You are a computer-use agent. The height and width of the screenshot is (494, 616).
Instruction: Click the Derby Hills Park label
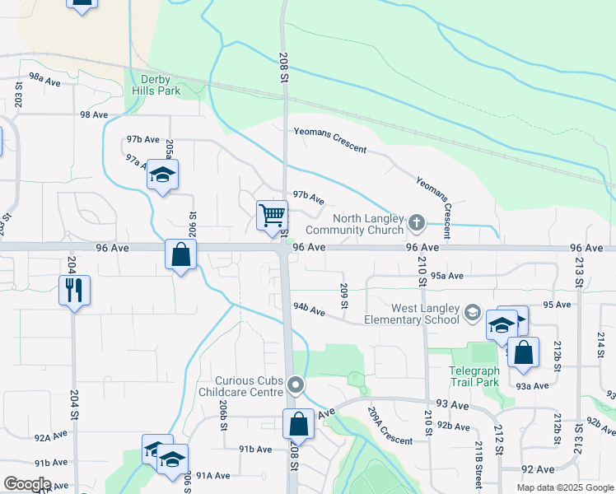click(x=156, y=85)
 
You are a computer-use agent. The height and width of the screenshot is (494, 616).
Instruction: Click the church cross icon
click(x=417, y=221)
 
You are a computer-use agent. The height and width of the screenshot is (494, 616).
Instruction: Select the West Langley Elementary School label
click(x=413, y=313)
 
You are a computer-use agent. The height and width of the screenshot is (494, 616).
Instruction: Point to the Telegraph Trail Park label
click(x=474, y=376)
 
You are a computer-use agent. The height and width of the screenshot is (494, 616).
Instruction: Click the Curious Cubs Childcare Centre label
click(x=249, y=386)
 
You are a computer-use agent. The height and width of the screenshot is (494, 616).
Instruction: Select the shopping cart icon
click(x=272, y=216)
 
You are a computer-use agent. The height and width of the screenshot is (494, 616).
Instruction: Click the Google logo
click(x=26, y=484)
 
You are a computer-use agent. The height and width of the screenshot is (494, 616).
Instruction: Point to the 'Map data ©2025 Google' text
click(x=564, y=487)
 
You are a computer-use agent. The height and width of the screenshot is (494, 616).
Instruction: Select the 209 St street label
click(x=344, y=294)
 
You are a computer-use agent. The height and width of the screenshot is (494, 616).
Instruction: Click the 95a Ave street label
click(x=447, y=276)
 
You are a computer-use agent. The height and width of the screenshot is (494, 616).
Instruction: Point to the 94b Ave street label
click(x=310, y=310)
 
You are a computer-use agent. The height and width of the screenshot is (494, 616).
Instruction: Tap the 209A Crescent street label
click(x=390, y=426)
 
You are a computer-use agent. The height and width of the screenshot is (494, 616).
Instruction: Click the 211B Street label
click(x=478, y=463)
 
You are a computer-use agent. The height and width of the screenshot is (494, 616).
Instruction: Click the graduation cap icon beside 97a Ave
click(x=163, y=174)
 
